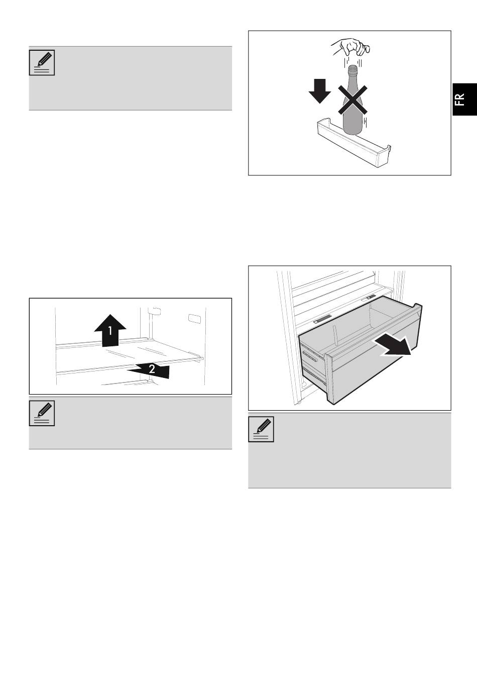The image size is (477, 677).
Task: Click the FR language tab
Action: pyautogui.click(x=464, y=100)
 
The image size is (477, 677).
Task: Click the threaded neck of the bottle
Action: pyautogui.click(x=352, y=70)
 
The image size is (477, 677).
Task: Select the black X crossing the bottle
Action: pyautogui.click(x=352, y=100)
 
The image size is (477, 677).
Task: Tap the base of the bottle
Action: pyautogui.click(x=352, y=129)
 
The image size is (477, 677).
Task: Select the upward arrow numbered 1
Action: pyautogui.click(x=110, y=330)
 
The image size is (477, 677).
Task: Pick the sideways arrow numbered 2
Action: pyautogui.click(x=149, y=370)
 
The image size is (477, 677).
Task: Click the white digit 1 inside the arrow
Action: pyautogui.click(x=110, y=331)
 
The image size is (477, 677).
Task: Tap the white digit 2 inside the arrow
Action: pyautogui.click(x=152, y=369)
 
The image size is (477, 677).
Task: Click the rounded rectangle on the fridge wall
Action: pyautogui.click(x=193, y=319)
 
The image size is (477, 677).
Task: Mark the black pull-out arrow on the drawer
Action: pyautogui.click(x=393, y=346)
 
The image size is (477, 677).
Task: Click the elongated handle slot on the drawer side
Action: pyautogui.click(x=310, y=357)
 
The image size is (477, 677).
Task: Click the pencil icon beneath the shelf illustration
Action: pyautogui.click(x=42, y=414)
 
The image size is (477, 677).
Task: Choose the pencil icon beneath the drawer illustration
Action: pyautogui.click(x=261, y=429)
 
